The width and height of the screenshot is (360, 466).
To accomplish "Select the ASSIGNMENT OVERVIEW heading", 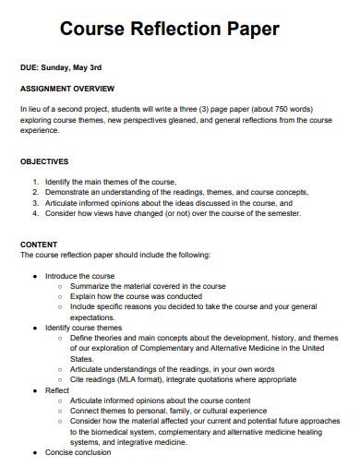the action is [67, 89].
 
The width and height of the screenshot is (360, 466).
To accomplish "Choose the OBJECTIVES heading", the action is [46, 161].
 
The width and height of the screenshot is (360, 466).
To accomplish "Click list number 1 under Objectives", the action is [35, 182].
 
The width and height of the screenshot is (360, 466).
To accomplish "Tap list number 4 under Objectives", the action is [35, 212].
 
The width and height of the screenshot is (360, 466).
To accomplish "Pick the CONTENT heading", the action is [38, 244].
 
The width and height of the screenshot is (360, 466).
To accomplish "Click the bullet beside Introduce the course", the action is [34, 276].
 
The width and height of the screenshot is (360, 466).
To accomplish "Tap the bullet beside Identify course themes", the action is [34, 327].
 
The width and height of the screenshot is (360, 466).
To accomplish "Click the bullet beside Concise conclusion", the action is [34, 452].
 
